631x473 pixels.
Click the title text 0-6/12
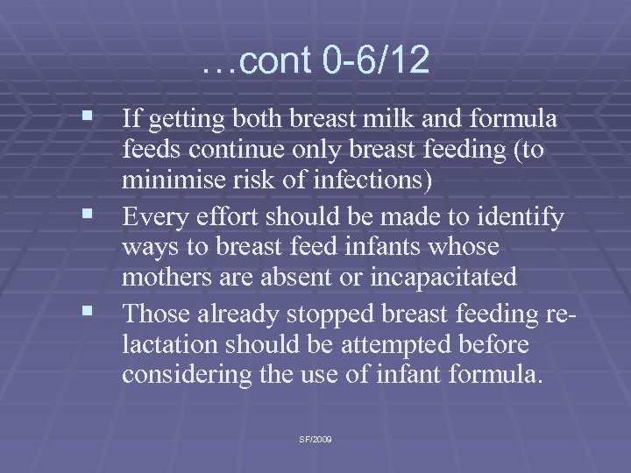pyautogui.click(x=372, y=60)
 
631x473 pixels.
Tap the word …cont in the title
pyautogui.click(x=257, y=60)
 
